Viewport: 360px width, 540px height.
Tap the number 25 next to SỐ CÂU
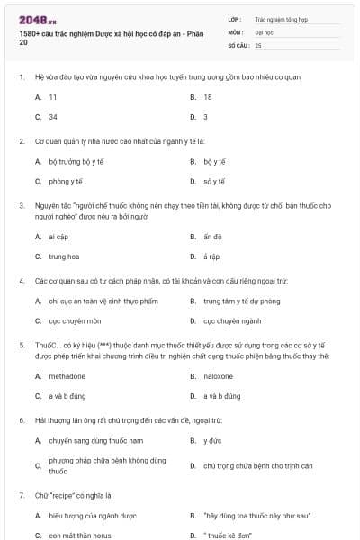[x=258, y=44]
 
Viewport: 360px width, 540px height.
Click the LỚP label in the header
[x=235, y=18]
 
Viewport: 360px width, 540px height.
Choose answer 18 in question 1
[x=208, y=96]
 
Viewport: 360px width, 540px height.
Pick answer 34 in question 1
[x=53, y=116]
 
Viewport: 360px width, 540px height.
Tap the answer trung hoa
[x=64, y=256]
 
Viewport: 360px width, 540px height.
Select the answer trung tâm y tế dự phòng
[x=241, y=301]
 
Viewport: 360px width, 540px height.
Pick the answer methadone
[x=67, y=376]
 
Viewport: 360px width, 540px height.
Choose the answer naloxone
[x=218, y=376]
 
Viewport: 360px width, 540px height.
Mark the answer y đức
[x=211, y=440]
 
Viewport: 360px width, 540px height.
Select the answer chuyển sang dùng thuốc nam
[x=85, y=440]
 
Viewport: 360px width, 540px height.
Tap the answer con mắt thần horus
[x=82, y=535]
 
